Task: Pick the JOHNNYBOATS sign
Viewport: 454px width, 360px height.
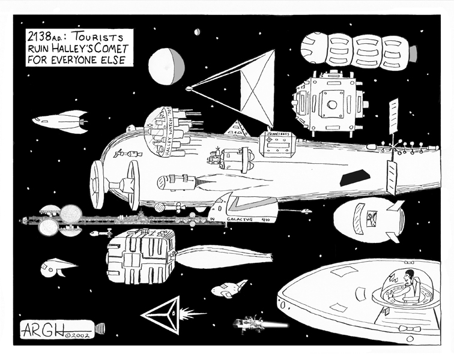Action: (276, 137)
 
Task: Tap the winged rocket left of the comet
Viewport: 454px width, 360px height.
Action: (60, 122)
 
